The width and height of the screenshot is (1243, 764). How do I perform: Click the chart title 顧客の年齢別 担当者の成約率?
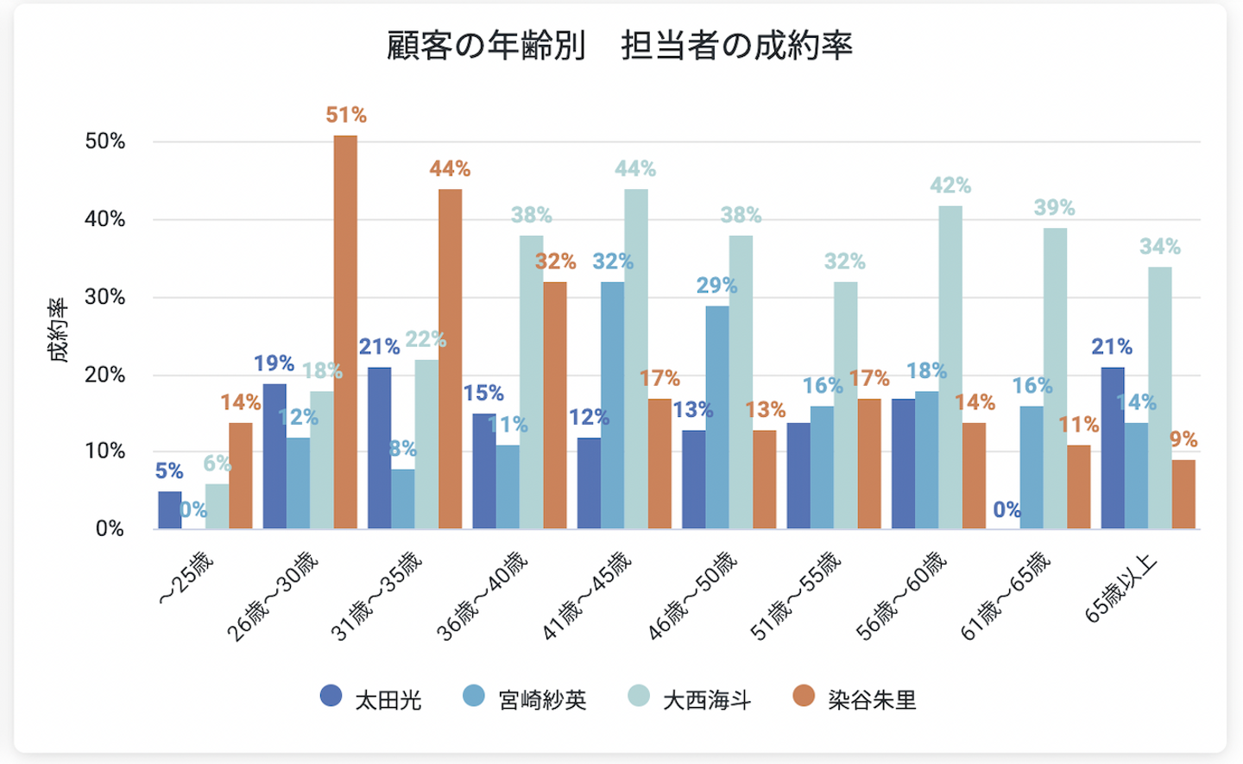(x=619, y=46)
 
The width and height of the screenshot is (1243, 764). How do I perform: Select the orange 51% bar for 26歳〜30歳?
(x=345, y=332)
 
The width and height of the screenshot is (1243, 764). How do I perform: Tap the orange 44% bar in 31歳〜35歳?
(x=450, y=358)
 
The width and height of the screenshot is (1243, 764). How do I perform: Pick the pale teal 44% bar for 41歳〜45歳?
(x=636, y=358)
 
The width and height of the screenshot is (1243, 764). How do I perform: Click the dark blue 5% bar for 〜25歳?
(x=170, y=510)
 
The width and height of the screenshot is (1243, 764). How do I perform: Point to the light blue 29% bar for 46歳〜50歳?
(x=716, y=417)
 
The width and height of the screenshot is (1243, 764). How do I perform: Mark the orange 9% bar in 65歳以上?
(x=1183, y=494)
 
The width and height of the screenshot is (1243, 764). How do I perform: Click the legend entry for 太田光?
(x=371, y=698)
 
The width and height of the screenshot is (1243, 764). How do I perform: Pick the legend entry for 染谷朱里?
(x=855, y=698)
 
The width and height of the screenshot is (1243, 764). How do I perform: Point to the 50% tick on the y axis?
(x=105, y=142)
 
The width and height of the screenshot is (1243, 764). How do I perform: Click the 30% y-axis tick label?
(x=105, y=297)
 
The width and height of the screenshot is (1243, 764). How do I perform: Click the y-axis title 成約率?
(x=58, y=331)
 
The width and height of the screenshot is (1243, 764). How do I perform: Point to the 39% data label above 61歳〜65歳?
(x=1054, y=208)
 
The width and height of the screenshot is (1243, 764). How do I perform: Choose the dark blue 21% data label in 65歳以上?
(x=1112, y=347)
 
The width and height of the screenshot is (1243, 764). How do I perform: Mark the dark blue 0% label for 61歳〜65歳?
(x=1006, y=509)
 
